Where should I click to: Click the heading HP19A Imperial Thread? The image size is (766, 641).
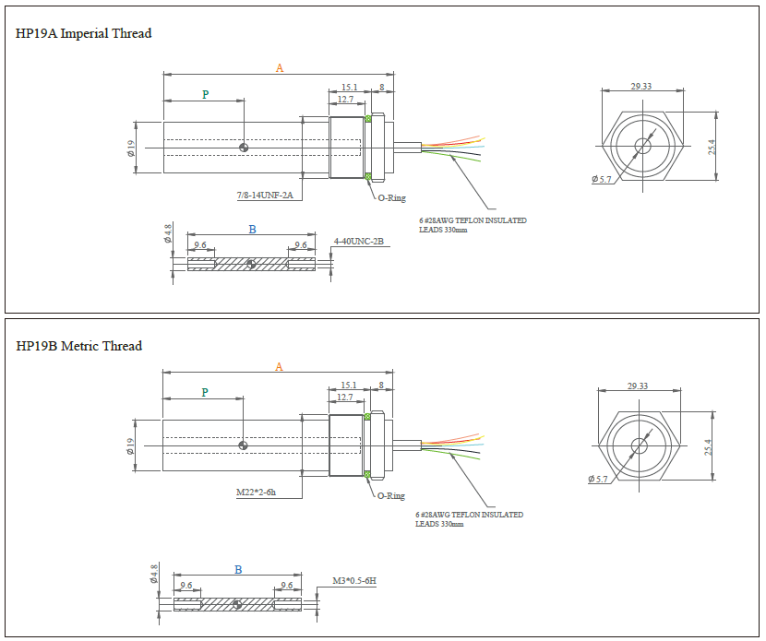(x=84, y=33)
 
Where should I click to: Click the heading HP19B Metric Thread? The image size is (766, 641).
(x=79, y=346)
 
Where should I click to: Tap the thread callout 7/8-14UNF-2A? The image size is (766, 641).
(x=264, y=196)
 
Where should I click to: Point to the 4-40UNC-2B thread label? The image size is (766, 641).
(x=358, y=242)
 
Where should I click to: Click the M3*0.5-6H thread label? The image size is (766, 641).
(x=356, y=581)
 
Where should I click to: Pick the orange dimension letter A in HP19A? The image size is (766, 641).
(x=280, y=67)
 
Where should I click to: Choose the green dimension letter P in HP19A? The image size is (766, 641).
(x=205, y=94)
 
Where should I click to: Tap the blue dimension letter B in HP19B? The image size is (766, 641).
(x=238, y=570)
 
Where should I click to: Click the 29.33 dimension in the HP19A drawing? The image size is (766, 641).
(x=641, y=86)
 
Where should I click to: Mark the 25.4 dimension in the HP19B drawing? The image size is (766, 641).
(x=709, y=446)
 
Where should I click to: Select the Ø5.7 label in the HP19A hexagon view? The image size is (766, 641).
(x=602, y=179)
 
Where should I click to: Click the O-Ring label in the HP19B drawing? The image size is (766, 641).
(x=390, y=496)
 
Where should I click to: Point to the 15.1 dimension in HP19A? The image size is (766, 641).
(x=350, y=87)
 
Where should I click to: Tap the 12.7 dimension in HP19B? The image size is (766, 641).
(x=344, y=397)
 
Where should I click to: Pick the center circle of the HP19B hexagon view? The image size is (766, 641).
(x=641, y=445)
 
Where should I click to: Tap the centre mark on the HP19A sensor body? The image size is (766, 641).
(x=244, y=148)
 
